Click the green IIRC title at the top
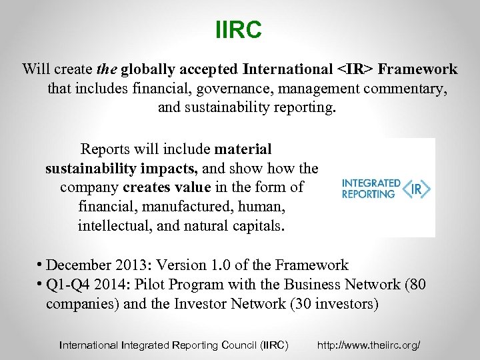pos(239,30)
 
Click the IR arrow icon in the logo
pos(417,189)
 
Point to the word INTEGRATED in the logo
pos(371,183)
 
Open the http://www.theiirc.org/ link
pos(369,345)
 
